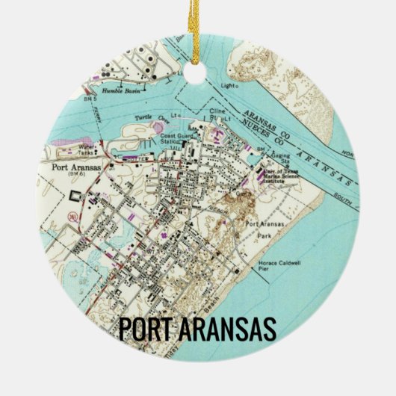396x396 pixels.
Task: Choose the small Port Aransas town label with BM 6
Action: (x=72, y=168)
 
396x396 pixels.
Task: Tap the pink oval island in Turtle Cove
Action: (x=159, y=128)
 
